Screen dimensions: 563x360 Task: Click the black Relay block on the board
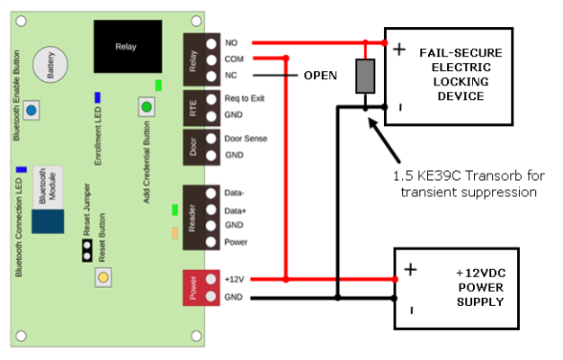pos(128,46)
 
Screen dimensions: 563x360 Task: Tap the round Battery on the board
pos(50,64)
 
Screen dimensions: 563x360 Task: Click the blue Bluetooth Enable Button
pos(31,110)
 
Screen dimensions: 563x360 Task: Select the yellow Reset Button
pos(103,277)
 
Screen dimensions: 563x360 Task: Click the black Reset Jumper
pos(87,251)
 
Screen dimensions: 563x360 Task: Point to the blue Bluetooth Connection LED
pos(22,169)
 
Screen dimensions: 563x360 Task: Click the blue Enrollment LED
pos(97,97)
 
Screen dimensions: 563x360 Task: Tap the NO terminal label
pos(231,43)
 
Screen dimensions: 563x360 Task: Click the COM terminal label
pos(234,58)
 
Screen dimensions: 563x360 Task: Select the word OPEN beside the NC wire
pos(320,76)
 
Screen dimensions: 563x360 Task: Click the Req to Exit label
pos(245,98)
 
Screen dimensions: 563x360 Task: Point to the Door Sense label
pos(246,139)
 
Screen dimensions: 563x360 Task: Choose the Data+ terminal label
pos(235,211)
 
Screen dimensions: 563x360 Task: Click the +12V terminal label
pos(234,279)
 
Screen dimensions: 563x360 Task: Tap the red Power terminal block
pos(201,288)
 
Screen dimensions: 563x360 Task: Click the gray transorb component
pos(365,76)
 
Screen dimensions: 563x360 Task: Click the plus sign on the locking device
pos(399,49)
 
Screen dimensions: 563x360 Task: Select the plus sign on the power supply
pos(410,269)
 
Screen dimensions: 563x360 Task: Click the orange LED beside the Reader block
pos(174,233)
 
